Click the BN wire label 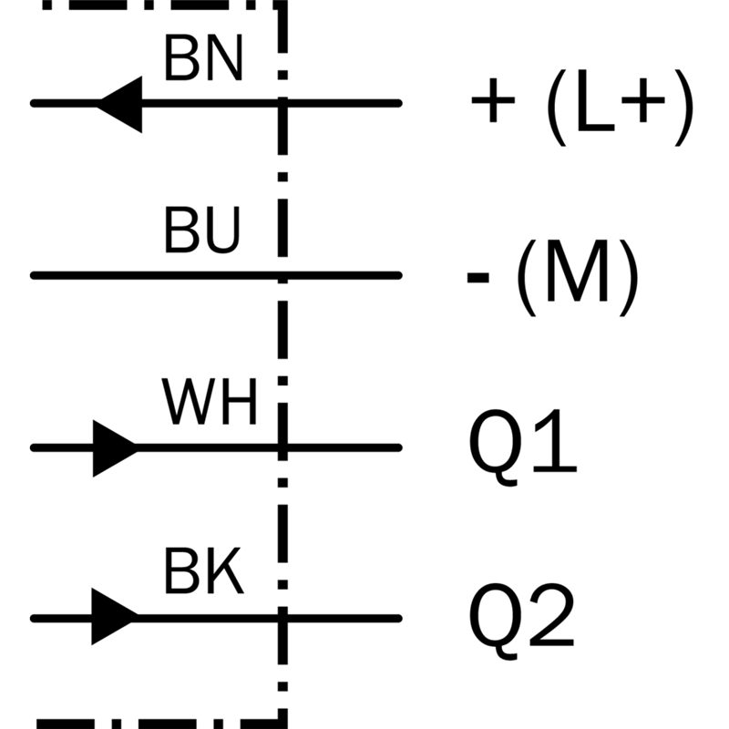tap(203, 58)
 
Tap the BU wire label tap(202, 230)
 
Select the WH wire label tap(210, 402)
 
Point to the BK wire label tap(203, 571)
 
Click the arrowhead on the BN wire tap(119, 104)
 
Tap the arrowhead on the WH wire tap(116, 448)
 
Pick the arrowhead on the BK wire tap(115, 617)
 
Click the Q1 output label tap(522, 447)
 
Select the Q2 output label tap(521, 621)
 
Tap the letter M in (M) tap(577, 272)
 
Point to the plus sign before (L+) tap(493, 100)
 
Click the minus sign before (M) tap(477, 277)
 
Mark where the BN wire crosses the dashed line tap(282, 103)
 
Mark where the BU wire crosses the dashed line tap(282, 276)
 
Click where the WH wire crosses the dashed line tap(282, 447)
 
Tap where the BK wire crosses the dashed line tap(282, 619)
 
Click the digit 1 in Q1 tap(556, 441)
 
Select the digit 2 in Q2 tap(551, 614)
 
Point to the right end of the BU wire tap(399, 276)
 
